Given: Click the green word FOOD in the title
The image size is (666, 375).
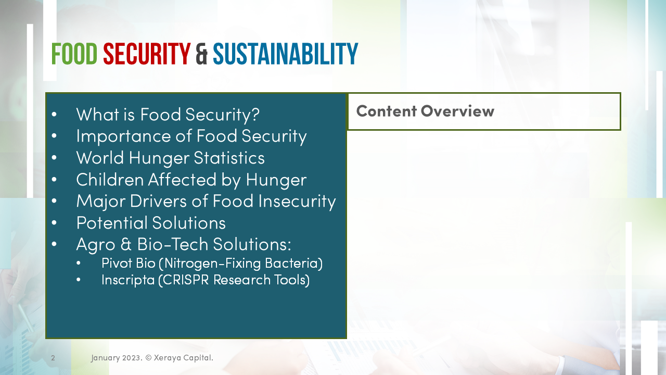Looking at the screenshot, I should pyautogui.click(x=74, y=54).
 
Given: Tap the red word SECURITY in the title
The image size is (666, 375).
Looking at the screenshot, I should pyautogui.click(x=147, y=54).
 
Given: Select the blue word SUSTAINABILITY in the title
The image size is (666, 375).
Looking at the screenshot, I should pyautogui.click(x=285, y=54).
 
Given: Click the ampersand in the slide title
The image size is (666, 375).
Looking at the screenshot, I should pyautogui.click(x=202, y=55).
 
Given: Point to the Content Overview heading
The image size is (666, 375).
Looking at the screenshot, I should pyautogui.click(x=425, y=111).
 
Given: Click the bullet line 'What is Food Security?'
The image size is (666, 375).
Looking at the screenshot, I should pyautogui.click(x=168, y=114).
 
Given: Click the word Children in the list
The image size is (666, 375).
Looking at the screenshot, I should pyautogui.click(x=110, y=179).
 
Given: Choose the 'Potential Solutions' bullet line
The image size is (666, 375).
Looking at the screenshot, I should pyautogui.click(x=151, y=222).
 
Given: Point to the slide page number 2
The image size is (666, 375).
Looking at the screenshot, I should pyautogui.click(x=53, y=358).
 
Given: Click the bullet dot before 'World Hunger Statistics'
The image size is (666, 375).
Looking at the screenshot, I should pyautogui.click(x=55, y=158).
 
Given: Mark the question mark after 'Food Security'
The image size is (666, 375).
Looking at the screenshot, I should pyautogui.click(x=254, y=114).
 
